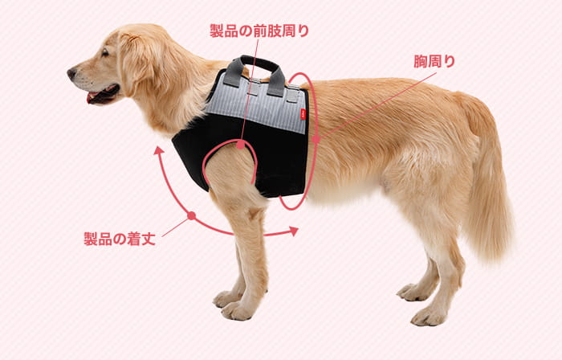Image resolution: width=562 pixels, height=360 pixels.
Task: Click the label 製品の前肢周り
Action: point(259,31)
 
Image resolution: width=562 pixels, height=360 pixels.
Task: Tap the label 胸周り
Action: point(434,61)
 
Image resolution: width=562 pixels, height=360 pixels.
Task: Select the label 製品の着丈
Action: point(120,239)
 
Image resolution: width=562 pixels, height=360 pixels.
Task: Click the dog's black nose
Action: point(71,73)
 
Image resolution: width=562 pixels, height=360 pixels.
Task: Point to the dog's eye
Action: point(104,53)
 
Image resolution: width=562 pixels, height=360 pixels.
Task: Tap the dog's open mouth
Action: point(102,94)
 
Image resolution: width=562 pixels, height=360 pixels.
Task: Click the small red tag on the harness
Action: point(303,115)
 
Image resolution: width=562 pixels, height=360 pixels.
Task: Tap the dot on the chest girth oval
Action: point(316,139)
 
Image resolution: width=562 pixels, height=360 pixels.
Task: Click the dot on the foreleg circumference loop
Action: point(241,145)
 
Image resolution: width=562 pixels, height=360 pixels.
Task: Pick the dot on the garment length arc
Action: point(192,215)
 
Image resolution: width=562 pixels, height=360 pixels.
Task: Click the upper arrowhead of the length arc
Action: point(158,150)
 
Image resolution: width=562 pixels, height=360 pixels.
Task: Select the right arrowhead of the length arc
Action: point(294,231)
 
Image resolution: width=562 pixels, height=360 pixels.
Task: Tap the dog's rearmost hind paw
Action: point(428,316)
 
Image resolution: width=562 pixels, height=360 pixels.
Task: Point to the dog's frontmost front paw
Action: point(237,310)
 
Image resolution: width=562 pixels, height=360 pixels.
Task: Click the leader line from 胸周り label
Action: point(376,106)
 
